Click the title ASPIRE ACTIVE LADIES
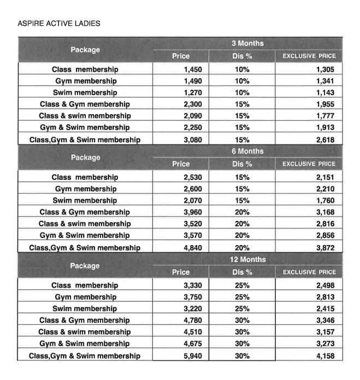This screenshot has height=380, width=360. tap(58, 24)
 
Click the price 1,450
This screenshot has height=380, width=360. tap(193, 69)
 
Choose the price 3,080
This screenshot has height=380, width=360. tap(193, 139)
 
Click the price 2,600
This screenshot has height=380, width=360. tap(193, 189)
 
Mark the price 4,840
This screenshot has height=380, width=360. tap(193, 248)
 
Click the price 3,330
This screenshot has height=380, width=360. tap(193, 285)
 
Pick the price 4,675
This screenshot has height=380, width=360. tap(193, 344)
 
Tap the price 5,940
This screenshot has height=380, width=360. tap(193, 356)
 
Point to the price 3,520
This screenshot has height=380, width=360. tap(193, 224)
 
